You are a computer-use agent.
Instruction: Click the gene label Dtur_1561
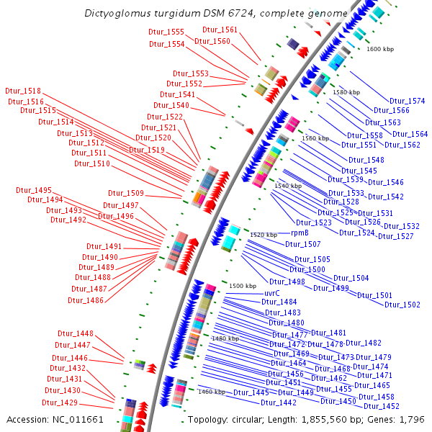pyautogui.click(x=220, y=30)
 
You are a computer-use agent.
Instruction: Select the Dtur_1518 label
pyautogui.click(x=23, y=91)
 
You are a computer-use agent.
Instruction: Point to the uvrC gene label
pyautogui.click(x=271, y=293)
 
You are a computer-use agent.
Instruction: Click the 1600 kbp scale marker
pyautogui.click(x=380, y=49)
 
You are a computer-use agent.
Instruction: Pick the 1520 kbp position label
pyautogui.click(x=264, y=235)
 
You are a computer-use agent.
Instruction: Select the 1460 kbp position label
pyautogui.click(x=212, y=392)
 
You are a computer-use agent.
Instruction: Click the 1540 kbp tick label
pyautogui.click(x=288, y=186)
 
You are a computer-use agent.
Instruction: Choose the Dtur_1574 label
pyautogui.click(x=408, y=101)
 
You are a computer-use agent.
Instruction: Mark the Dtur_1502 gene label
pyautogui.click(x=402, y=305)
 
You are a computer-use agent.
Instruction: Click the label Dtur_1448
pyautogui.click(x=76, y=333)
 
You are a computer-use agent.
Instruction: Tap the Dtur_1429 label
pyautogui.click(x=59, y=402)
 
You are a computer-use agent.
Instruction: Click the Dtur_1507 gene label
pyautogui.click(x=302, y=244)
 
